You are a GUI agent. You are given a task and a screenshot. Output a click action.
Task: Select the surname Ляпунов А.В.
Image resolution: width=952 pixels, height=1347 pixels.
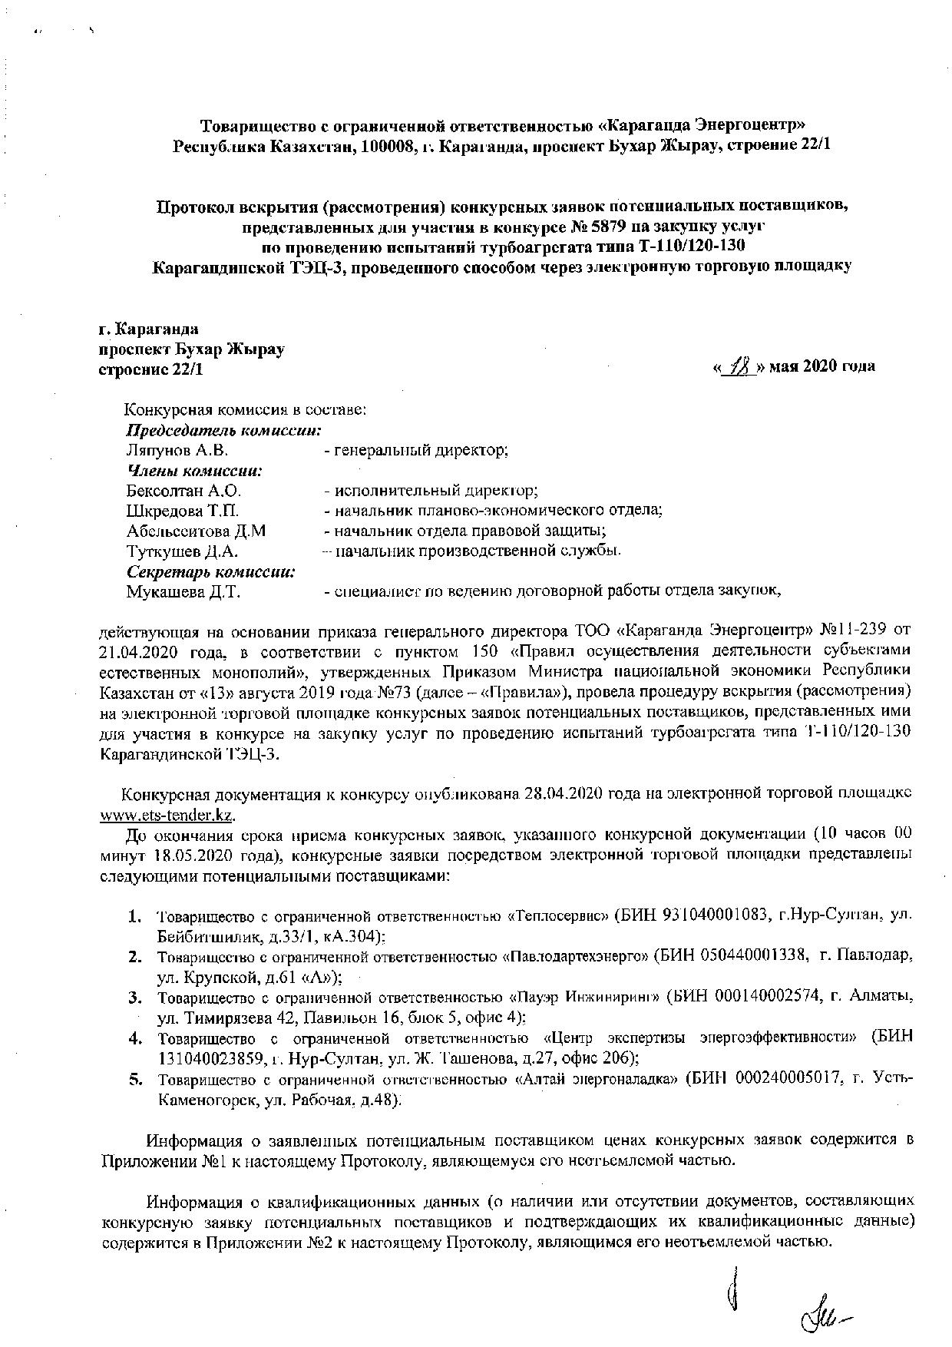[x=176, y=450]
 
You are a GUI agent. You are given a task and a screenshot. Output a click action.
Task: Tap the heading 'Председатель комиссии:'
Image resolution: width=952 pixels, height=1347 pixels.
[x=223, y=430]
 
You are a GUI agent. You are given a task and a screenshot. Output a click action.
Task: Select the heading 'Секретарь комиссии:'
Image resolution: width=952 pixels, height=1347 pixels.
[x=211, y=571]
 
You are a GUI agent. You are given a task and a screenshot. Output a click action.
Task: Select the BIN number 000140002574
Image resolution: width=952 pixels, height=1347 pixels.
[x=769, y=997]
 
